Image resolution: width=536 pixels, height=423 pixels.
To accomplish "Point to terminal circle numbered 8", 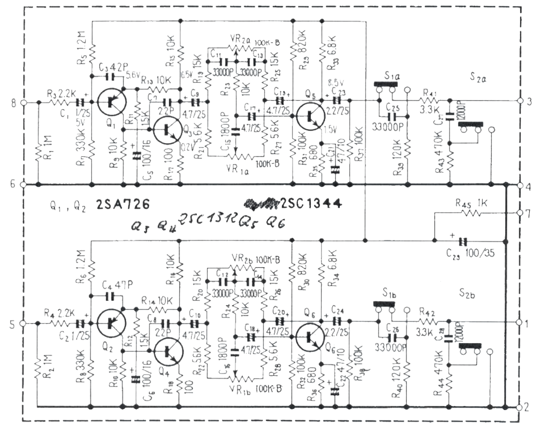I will point(23,102).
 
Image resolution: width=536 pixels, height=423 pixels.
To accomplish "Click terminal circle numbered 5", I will point(23,323).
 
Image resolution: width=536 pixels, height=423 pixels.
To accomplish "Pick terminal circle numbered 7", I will point(520,213).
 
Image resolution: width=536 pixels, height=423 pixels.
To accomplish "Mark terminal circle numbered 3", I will point(520,101).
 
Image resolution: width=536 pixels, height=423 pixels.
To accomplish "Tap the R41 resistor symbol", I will point(428,102).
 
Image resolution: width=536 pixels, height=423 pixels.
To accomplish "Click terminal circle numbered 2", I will point(520,407).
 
